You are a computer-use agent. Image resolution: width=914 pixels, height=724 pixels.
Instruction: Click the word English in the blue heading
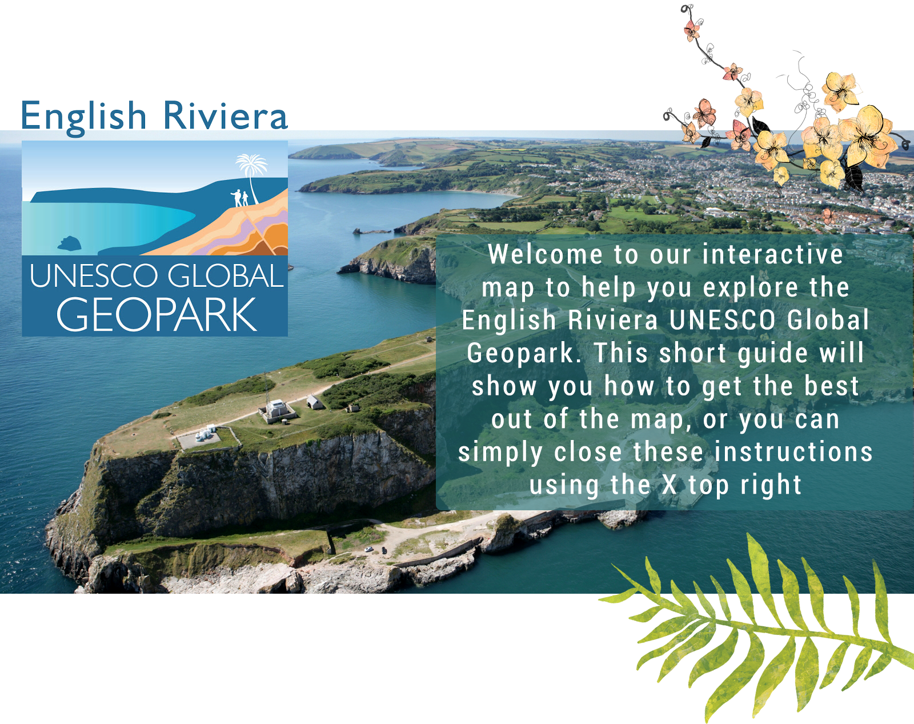pos(83,117)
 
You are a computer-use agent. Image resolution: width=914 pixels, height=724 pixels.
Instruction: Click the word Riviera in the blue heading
pos(226,115)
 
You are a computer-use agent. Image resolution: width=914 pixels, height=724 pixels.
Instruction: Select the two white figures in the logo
pos(240,198)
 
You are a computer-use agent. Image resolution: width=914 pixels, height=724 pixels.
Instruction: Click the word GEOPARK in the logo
pos(157,315)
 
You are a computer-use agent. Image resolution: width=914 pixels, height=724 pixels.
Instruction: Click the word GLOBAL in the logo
pos(226,276)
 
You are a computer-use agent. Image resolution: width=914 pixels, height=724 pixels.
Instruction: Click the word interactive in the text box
pos(772,254)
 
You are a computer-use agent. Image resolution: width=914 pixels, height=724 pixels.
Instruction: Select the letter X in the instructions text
pos(670,485)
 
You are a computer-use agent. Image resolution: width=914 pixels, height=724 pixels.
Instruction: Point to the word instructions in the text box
pos(793,451)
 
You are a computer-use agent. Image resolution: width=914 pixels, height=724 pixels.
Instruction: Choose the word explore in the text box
pos(751,287)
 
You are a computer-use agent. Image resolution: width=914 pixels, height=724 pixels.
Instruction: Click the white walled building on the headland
pos(278,410)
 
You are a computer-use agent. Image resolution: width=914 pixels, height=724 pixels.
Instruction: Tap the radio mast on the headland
pos(266,389)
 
